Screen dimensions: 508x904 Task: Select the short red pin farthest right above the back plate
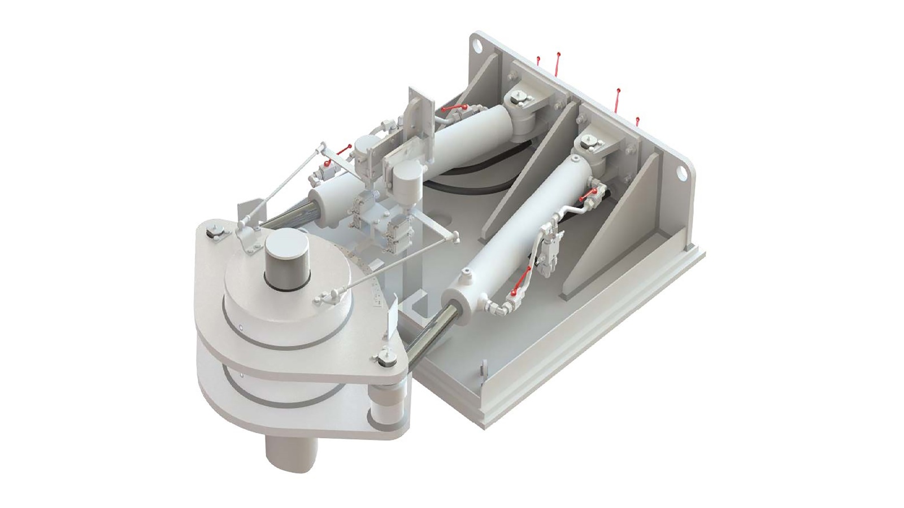(638, 121)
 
